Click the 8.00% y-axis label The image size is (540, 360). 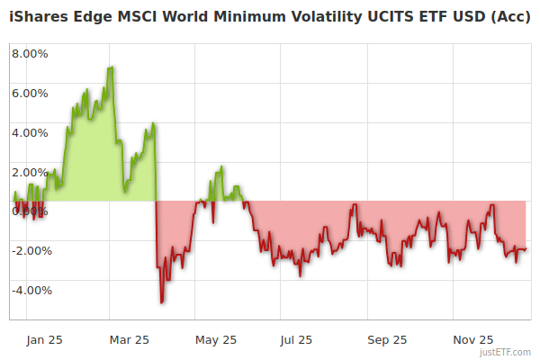click(30, 53)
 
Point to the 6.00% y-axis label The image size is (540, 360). click(30, 93)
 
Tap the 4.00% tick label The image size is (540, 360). click(30, 132)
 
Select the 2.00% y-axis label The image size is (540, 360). click(30, 172)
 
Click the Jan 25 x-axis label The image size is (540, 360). click(44, 339)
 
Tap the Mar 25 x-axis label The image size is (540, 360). click(130, 339)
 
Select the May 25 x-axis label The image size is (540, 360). click(215, 339)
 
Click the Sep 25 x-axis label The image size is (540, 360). click(386, 339)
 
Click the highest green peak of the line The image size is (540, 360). click(111, 67)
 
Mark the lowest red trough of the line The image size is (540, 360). click(161, 302)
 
